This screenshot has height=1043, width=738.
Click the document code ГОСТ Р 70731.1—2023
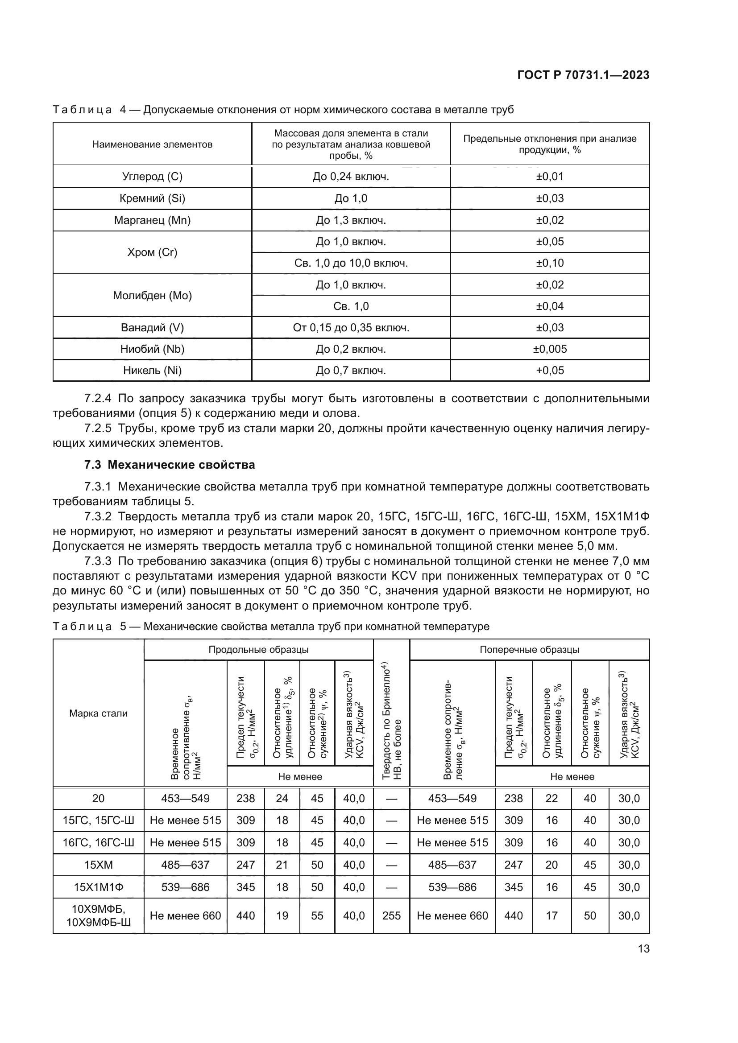pos(583,75)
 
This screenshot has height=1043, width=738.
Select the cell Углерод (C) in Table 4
pos(152,177)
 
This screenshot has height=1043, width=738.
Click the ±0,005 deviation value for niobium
pos(550,349)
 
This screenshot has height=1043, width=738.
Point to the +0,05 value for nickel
pos(550,370)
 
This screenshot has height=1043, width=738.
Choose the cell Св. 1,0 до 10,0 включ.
pos(351,263)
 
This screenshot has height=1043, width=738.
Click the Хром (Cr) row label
pos(152,252)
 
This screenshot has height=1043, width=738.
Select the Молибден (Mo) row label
pos(152,296)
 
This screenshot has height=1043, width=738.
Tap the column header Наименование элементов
pos(152,144)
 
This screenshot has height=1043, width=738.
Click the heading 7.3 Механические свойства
pos(170,465)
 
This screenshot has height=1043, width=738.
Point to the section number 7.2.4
pos(98,398)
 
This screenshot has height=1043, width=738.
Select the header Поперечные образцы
pos(530,650)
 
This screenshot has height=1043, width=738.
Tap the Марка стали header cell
pos(98,713)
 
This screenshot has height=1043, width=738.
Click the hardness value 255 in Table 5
pos(391,915)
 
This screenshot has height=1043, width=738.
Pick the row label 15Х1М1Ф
pos(98,887)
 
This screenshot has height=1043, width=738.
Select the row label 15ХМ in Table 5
pos(98,865)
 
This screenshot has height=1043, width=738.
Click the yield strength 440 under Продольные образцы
pos(245,915)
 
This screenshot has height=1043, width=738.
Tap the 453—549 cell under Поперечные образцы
pos(452,798)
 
